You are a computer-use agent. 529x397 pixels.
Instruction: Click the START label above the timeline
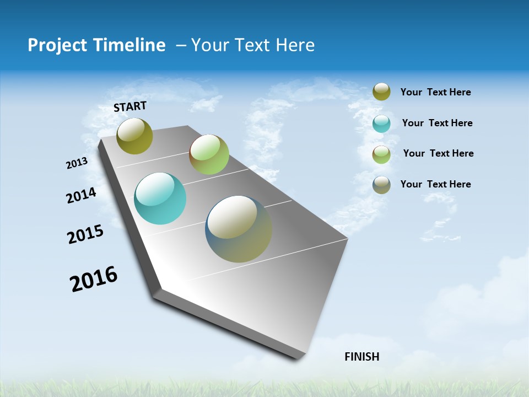pos(130,106)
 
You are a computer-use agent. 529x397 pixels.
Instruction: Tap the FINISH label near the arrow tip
pos(362,357)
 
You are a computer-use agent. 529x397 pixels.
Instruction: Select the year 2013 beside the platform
pos(77,163)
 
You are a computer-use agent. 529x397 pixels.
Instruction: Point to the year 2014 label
pos(81,196)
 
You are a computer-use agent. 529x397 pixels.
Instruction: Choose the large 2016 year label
pos(94,279)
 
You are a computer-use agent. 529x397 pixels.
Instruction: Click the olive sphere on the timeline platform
pos(135,136)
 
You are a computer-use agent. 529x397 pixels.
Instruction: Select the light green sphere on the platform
pos(209,154)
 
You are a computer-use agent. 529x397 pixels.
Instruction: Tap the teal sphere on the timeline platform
pos(160,198)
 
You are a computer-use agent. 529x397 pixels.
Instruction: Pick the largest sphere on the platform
pos(239,229)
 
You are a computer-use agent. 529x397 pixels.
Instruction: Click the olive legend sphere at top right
pos(381,92)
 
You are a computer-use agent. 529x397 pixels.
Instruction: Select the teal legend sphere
pos(381,124)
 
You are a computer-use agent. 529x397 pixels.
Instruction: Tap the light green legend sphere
pos(381,154)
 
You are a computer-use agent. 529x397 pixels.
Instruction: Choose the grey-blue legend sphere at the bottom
pos(381,185)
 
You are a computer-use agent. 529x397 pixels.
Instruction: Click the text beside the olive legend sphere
pos(435,93)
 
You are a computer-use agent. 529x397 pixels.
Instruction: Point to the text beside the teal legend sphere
pos(437,123)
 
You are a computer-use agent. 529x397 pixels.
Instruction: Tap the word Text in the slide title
pos(253,45)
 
